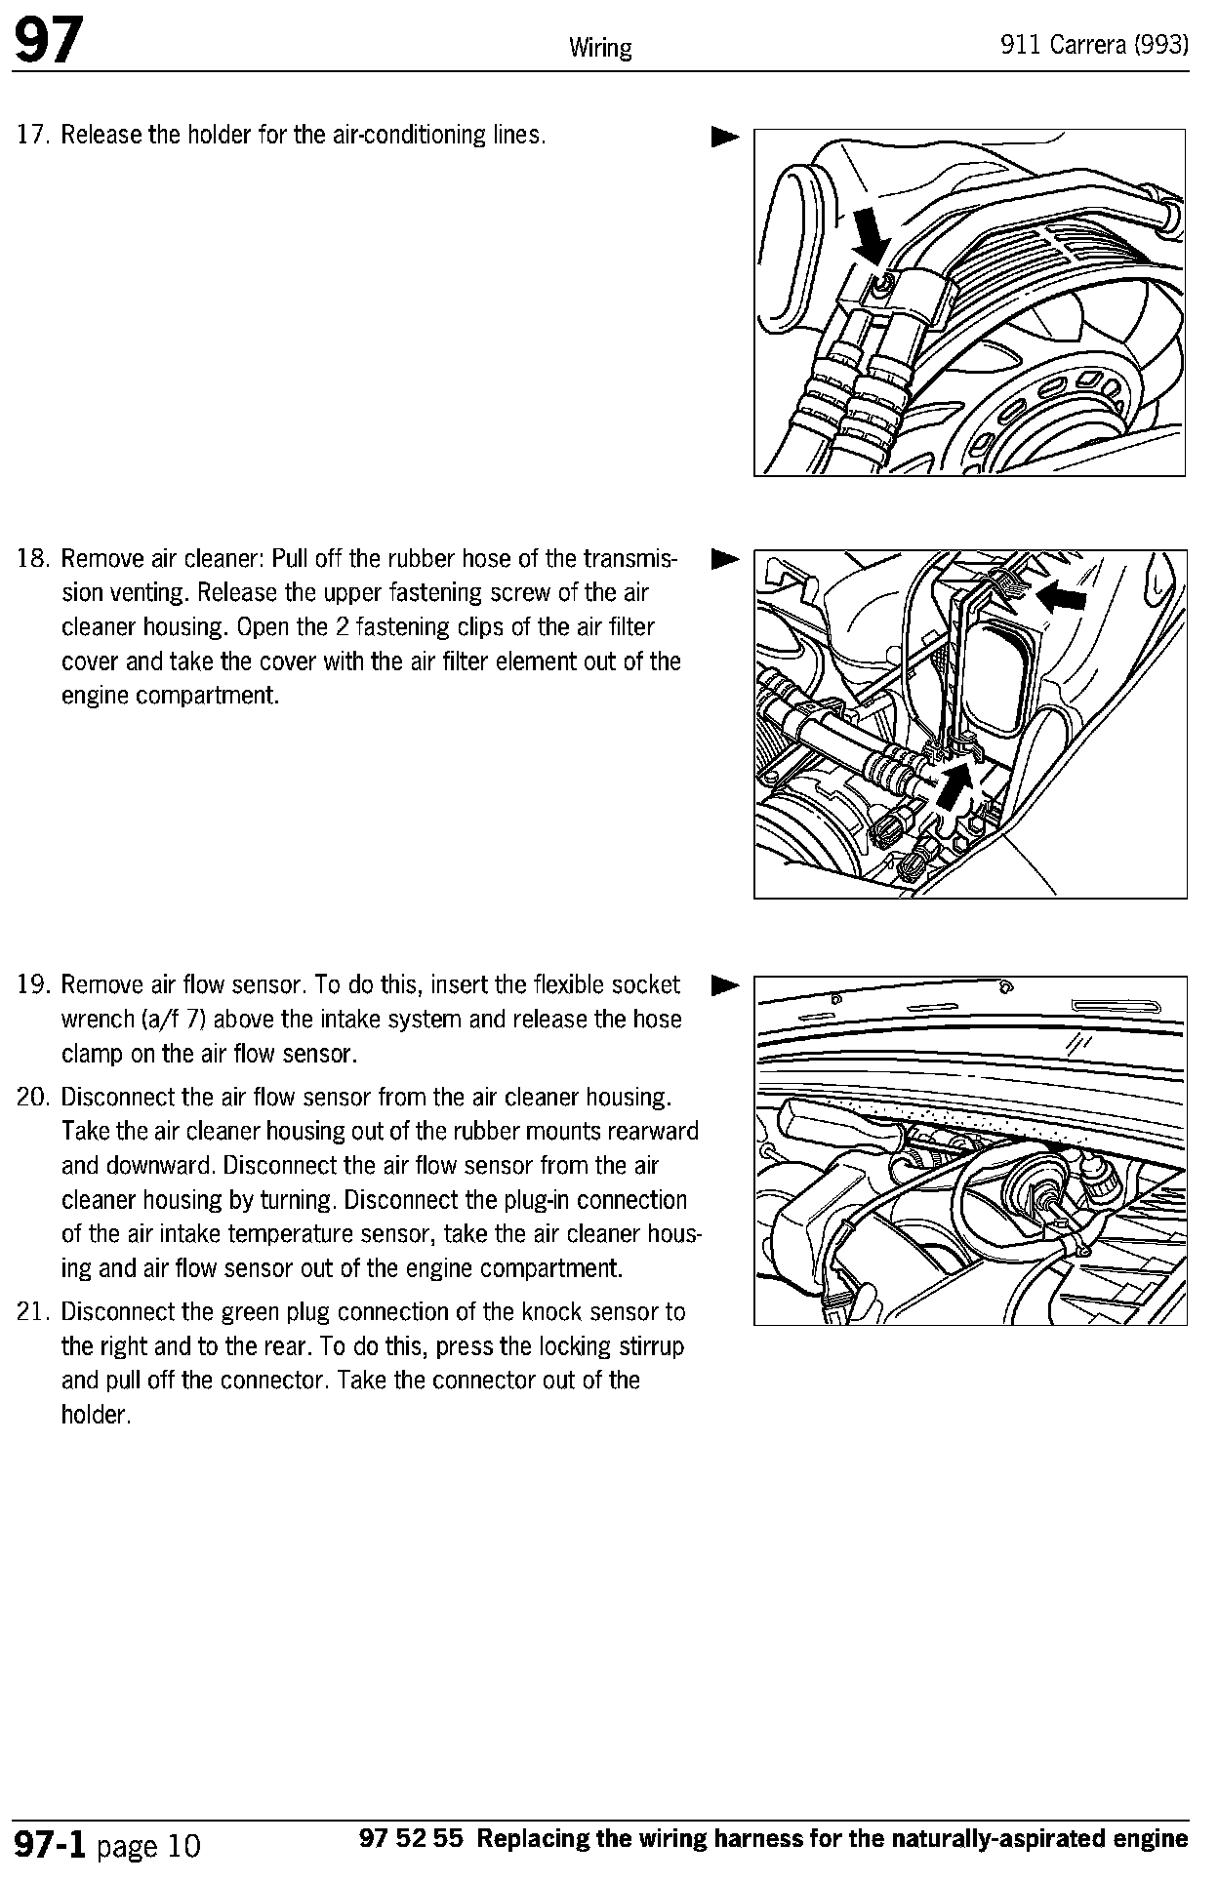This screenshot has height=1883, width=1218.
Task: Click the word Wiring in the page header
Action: click(599, 48)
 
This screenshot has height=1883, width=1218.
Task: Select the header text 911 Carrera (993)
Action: click(1094, 46)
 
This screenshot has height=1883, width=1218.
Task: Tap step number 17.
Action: click(33, 135)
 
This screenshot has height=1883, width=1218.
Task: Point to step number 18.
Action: click(33, 559)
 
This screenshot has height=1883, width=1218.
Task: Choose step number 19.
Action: click(33, 984)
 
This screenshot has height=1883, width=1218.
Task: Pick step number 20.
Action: click(33, 1098)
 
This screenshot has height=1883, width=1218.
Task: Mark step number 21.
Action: click(33, 1312)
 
